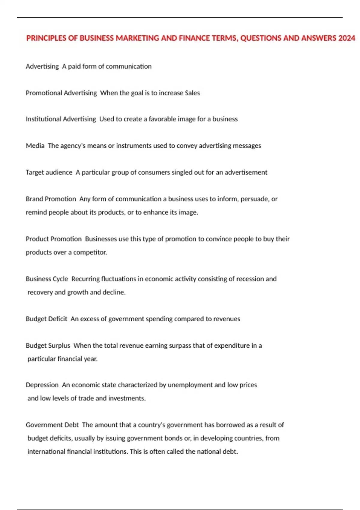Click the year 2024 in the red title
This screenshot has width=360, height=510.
[346, 38]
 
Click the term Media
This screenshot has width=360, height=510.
[35, 146]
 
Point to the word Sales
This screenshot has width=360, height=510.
[192, 93]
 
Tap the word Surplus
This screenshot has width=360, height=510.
[59, 346]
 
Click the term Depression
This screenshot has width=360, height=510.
[42, 385]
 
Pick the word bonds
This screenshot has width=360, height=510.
[172, 438]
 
